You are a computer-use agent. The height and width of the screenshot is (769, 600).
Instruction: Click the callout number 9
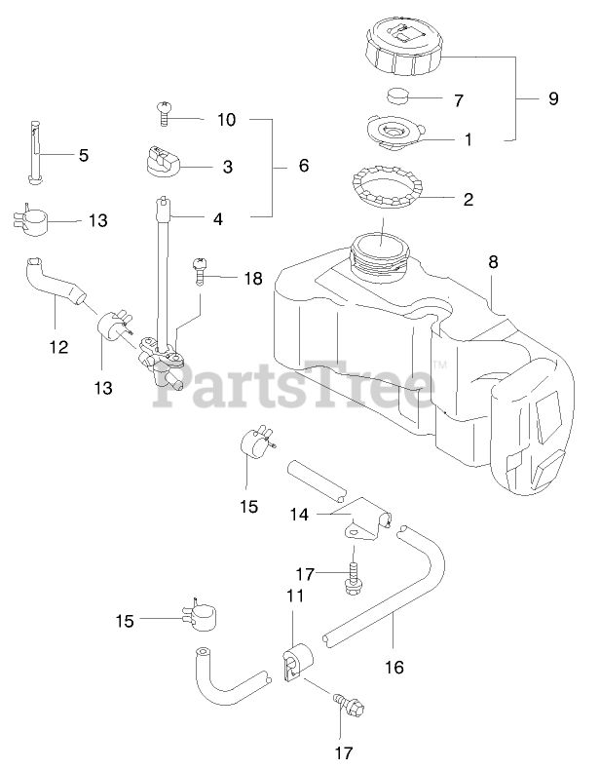[553, 98]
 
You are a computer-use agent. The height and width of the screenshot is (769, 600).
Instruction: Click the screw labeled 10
[164, 117]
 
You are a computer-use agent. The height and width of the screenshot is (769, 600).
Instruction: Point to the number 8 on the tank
[493, 261]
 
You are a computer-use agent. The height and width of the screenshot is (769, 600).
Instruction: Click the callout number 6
[303, 167]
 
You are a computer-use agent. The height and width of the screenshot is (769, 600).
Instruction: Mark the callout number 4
[217, 219]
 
